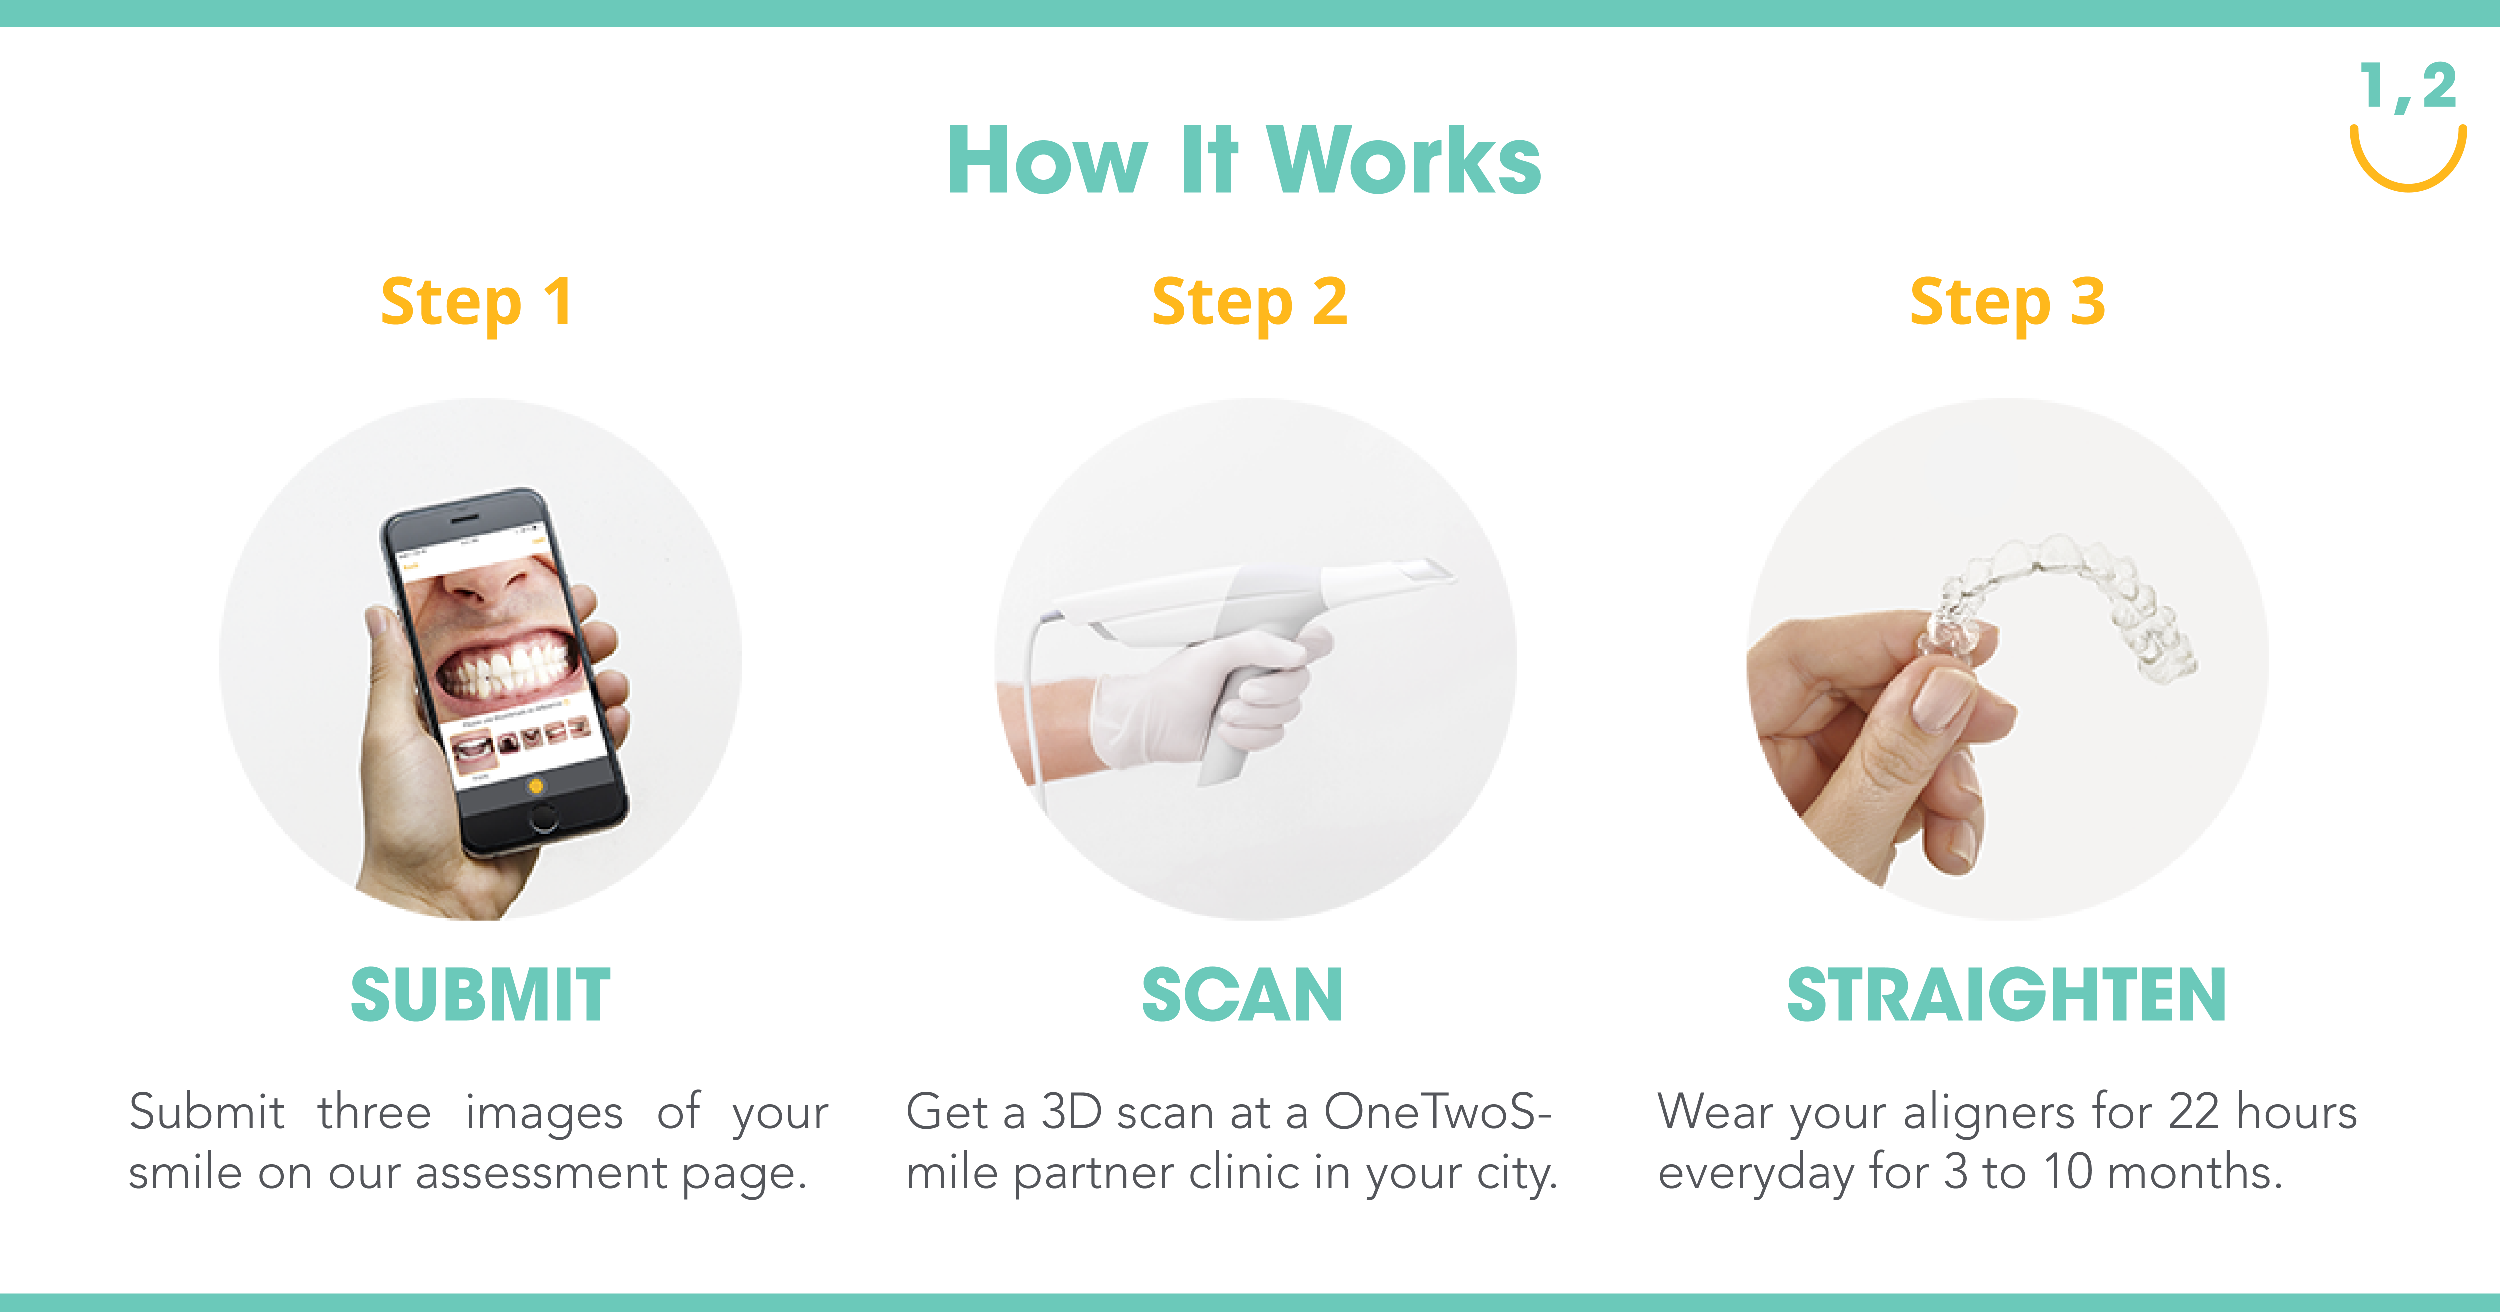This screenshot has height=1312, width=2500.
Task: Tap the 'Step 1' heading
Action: (476, 303)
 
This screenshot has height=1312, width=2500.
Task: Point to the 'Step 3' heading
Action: (2007, 303)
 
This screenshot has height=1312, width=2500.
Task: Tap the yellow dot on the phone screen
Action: (535, 785)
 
